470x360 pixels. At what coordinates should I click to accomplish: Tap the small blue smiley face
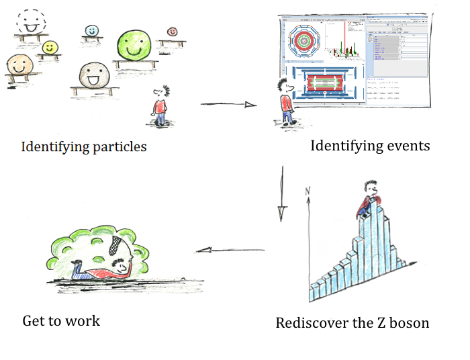click(92, 31)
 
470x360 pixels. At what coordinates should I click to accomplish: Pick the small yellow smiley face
click(49, 48)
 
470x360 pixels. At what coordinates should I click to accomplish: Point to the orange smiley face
click(19, 66)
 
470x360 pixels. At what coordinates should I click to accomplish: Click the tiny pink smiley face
click(172, 32)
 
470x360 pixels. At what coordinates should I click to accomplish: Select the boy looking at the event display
click(286, 101)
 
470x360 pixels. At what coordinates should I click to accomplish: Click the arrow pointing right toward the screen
click(229, 104)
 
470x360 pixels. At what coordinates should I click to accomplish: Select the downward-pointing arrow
click(282, 195)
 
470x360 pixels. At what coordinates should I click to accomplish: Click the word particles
click(117, 146)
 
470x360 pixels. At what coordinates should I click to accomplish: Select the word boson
click(408, 323)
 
